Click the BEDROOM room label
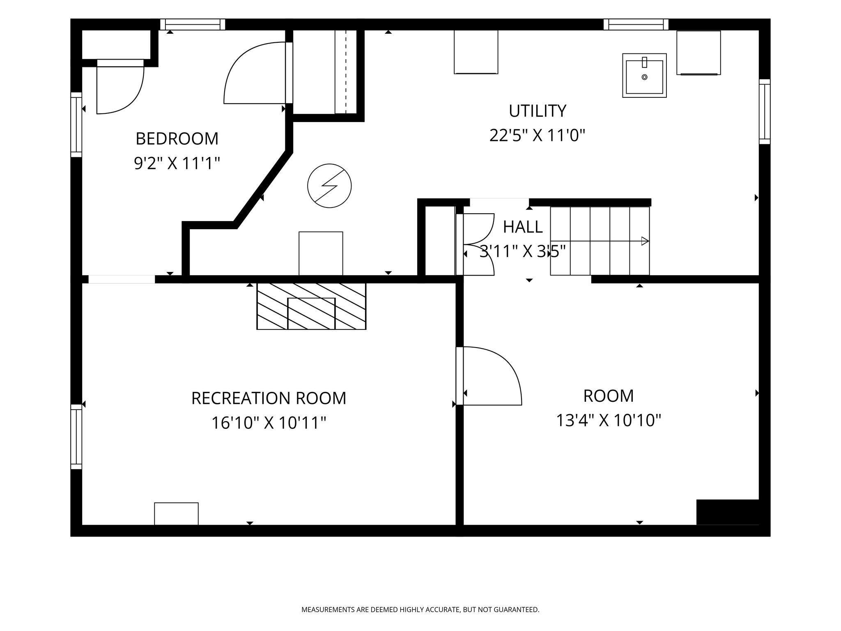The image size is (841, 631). click(177, 139)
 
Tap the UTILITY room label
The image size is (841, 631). click(538, 111)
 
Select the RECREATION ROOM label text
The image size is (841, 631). click(269, 398)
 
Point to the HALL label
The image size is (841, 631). click(523, 227)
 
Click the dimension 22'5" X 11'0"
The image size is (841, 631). click(537, 135)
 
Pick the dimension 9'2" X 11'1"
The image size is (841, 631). click(177, 164)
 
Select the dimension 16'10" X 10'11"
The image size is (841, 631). click(269, 423)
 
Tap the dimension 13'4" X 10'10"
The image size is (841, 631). click(609, 420)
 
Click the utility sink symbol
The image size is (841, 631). click(644, 75)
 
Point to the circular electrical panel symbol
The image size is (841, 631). click(329, 186)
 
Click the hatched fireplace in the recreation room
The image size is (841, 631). click(311, 306)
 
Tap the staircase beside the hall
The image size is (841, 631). click(600, 241)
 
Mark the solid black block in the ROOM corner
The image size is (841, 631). click(728, 512)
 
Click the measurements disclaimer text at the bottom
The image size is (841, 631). click(420, 610)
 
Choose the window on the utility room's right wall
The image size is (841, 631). click(765, 111)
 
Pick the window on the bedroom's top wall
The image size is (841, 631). click(193, 24)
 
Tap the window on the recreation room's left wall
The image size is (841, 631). click(76, 437)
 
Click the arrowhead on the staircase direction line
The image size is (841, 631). click(645, 241)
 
